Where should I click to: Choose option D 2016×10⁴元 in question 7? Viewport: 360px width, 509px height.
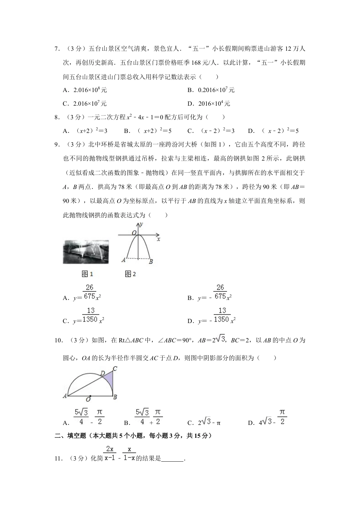coord(209,103)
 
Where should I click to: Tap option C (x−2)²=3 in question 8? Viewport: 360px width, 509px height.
coord(211,131)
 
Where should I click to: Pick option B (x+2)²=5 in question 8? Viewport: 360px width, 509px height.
coord(148,131)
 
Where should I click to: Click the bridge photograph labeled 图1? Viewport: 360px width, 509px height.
coord(86,251)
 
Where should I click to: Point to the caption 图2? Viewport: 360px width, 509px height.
coord(130,274)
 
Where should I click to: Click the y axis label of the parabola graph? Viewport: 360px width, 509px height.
coord(141,225)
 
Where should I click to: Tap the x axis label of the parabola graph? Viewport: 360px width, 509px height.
coord(158,239)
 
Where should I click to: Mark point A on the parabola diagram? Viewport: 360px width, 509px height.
coord(123,260)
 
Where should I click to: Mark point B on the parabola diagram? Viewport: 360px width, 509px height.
coord(151,261)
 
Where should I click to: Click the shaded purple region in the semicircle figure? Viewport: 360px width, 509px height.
coord(109,383)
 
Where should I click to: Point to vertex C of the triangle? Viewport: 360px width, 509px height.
coord(114,368)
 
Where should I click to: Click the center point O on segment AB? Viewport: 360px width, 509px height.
coord(90,396)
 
